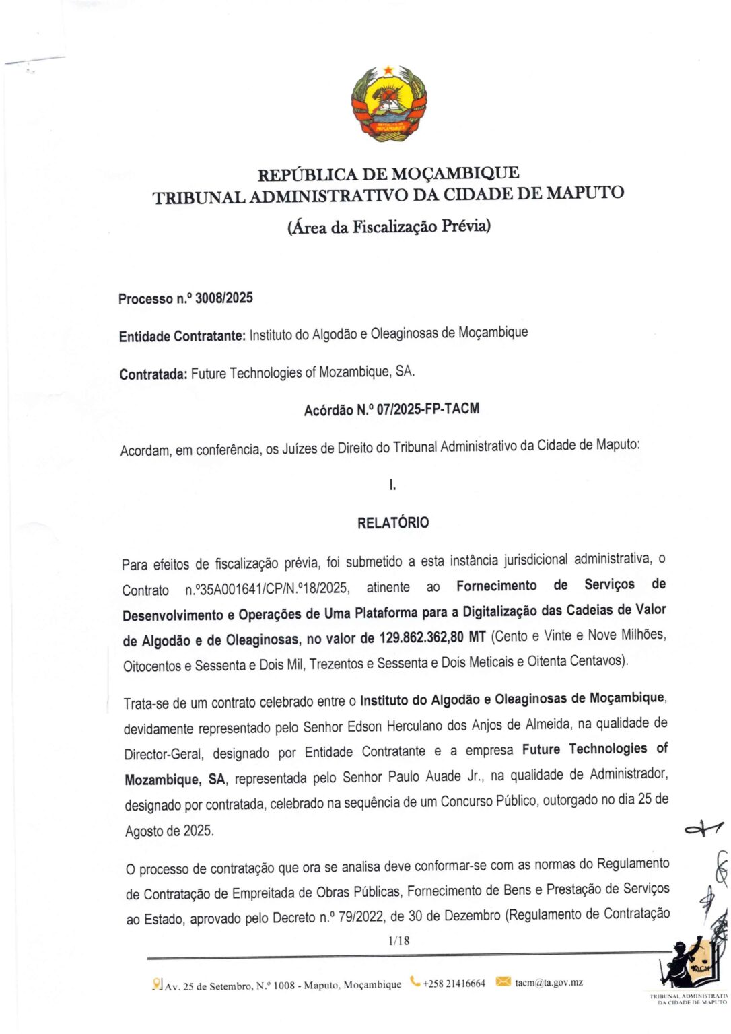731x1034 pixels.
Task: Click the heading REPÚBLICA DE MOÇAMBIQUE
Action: [388, 174]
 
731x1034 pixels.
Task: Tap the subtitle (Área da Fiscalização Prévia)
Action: [388, 226]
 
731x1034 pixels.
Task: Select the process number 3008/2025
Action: [223, 298]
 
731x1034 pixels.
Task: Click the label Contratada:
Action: [153, 374]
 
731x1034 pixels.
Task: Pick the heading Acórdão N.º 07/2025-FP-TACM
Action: [391, 409]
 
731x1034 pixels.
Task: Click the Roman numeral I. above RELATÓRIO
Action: [392, 485]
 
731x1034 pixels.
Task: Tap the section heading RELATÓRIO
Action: [392, 523]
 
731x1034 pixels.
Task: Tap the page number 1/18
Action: [398, 941]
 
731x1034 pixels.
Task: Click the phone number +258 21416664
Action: [454, 984]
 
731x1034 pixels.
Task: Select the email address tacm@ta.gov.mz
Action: [549, 983]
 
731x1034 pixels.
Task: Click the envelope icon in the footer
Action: [503, 982]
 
